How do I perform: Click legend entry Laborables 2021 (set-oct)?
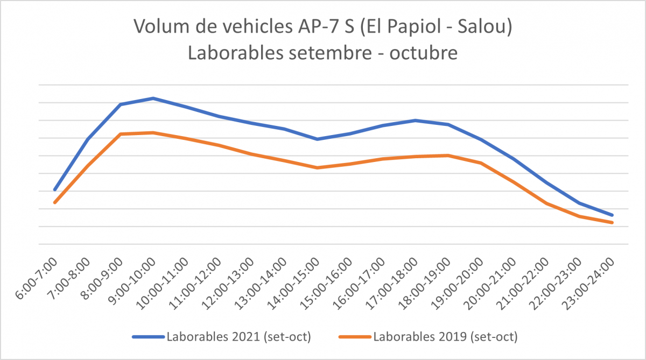pyautogui.click(x=240, y=337)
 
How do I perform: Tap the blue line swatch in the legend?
pyautogui.click(x=148, y=337)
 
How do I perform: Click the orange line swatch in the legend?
pyautogui.click(x=354, y=337)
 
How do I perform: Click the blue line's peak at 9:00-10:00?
pyautogui.click(x=153, y=98)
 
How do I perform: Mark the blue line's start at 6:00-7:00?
pyautogui.click(x=55, y=189)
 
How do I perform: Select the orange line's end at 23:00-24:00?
pyautogui.click(x=612, y=222)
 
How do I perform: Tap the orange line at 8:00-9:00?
pyautogui.click(x=121, y=134)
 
